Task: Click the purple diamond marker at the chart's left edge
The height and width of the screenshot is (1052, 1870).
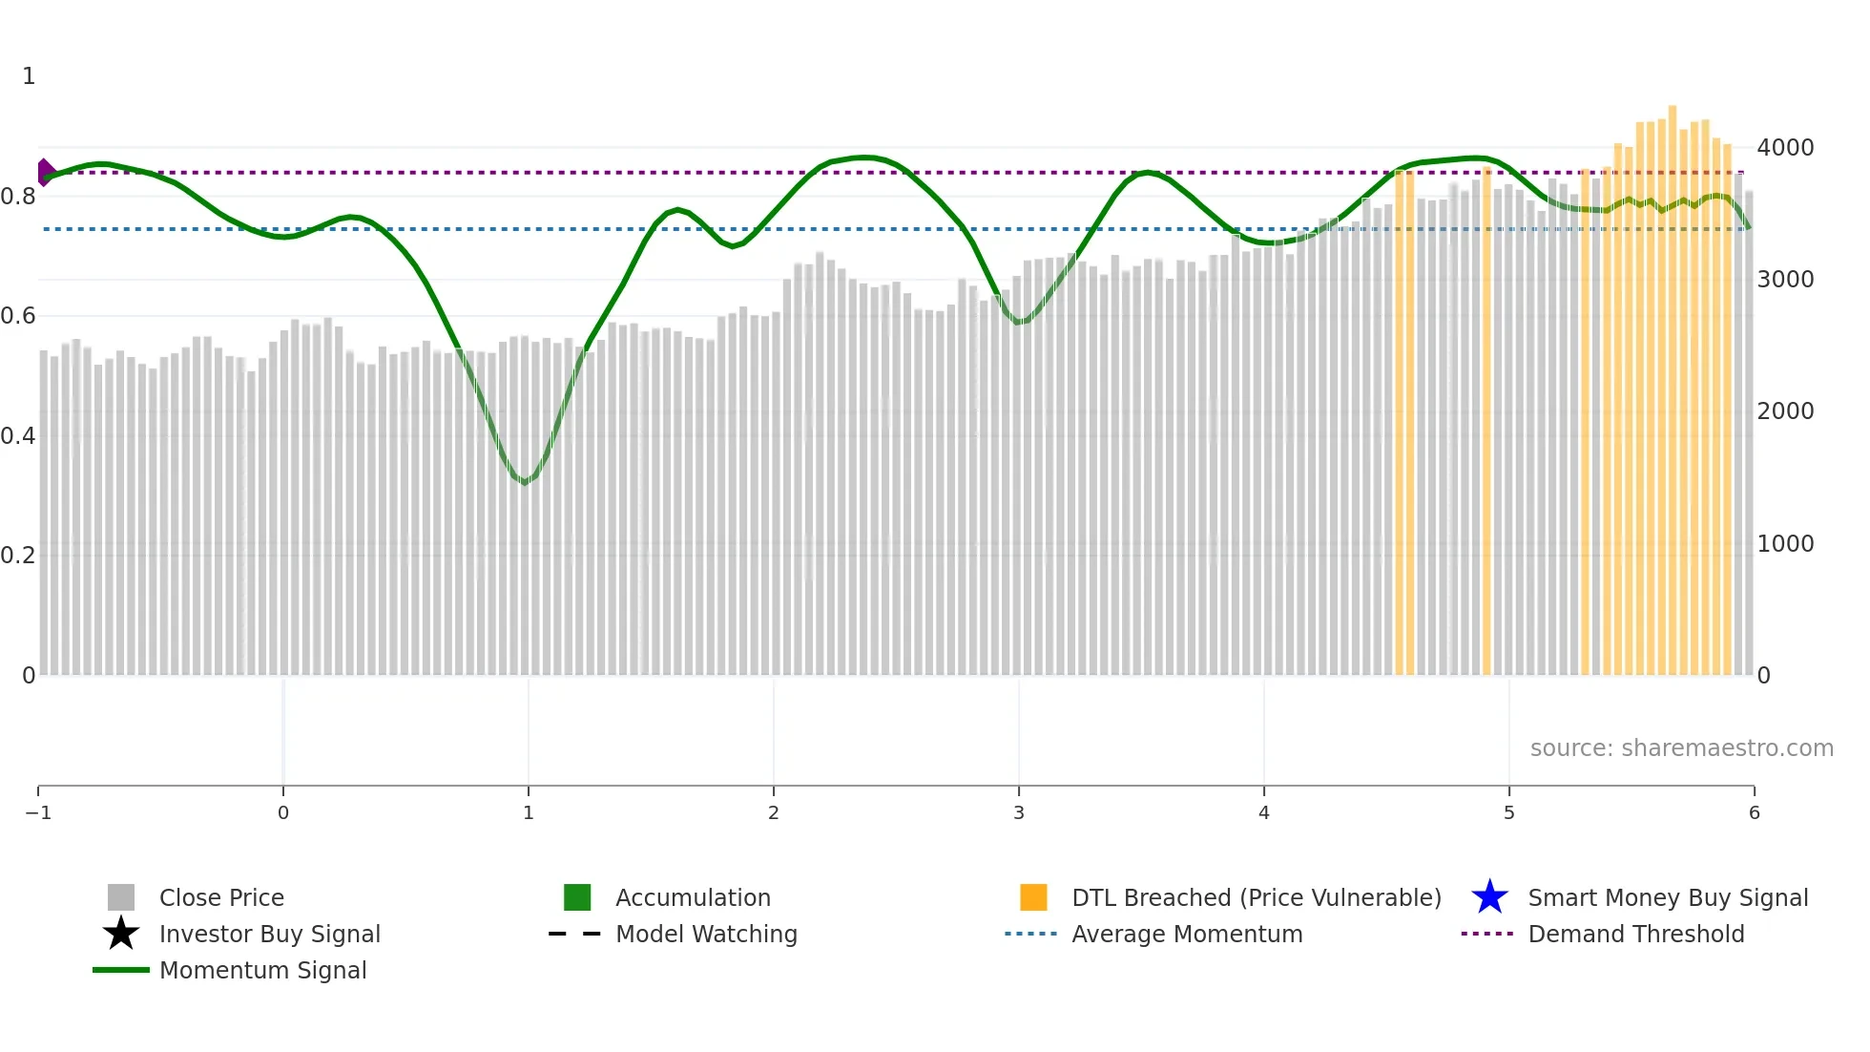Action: point(45,173)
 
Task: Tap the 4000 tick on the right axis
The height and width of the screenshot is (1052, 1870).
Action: point(1785,148)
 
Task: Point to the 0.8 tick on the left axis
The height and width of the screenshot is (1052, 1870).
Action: point(19,197)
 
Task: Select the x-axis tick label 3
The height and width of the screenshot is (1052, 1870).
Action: point(1019,813)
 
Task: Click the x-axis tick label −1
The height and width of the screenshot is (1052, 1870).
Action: point(38,813)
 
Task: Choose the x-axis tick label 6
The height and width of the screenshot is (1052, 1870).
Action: point(1754,813)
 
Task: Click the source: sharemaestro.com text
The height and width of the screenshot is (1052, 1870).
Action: point(1681,748)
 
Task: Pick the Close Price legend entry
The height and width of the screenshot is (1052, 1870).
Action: point(221,898)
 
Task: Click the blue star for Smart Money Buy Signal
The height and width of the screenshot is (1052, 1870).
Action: point(1489,897)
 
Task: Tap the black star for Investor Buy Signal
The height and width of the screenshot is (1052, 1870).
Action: point(121,934)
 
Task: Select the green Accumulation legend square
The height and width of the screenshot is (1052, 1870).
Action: point(577,897)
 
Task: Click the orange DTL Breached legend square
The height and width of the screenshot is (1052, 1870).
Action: point(1033,897)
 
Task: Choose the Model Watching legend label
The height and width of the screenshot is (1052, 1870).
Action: point(706,935)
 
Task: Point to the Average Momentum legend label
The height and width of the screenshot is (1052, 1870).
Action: point(1187,935)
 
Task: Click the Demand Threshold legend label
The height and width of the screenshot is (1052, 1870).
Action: point(1635,935)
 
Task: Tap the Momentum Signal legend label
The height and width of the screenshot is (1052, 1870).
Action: point(262,971)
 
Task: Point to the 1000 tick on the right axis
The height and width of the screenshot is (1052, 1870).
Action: point(1785,544)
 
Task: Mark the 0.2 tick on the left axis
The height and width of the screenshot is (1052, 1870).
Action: point(19,556)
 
